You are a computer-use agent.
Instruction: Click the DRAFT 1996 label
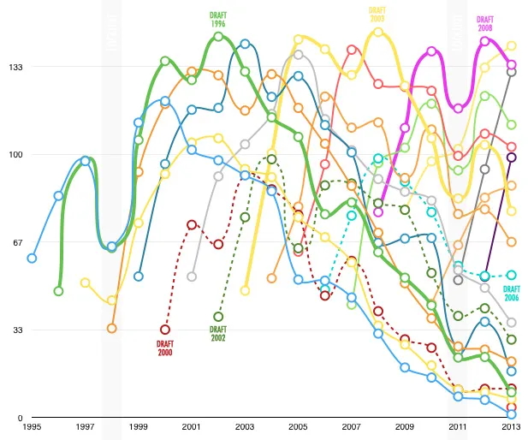pos(218,20)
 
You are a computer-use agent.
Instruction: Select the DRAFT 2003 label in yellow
pos(377,15)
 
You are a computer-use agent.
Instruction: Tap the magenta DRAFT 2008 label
pos(485,23)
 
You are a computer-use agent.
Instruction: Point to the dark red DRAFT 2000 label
pos(165,348)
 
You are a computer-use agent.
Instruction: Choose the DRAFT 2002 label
pos(218,333)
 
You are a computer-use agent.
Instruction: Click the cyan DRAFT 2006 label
pos(512,293)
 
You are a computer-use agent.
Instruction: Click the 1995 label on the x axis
pos(32,426)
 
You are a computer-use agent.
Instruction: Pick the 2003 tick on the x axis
pos(245,426)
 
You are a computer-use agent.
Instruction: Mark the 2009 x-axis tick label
pos(405,426)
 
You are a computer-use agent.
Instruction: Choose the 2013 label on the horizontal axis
pos(511,426)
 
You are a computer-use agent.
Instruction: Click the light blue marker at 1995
pos(32,258)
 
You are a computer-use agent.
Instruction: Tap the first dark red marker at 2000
pos(165,330)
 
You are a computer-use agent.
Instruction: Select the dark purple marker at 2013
pos(512,157)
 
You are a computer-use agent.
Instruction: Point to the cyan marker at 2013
pos(512,275)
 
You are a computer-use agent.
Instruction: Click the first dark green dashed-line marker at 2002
pos(218,317)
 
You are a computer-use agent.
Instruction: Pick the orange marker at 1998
pos(111,328)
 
